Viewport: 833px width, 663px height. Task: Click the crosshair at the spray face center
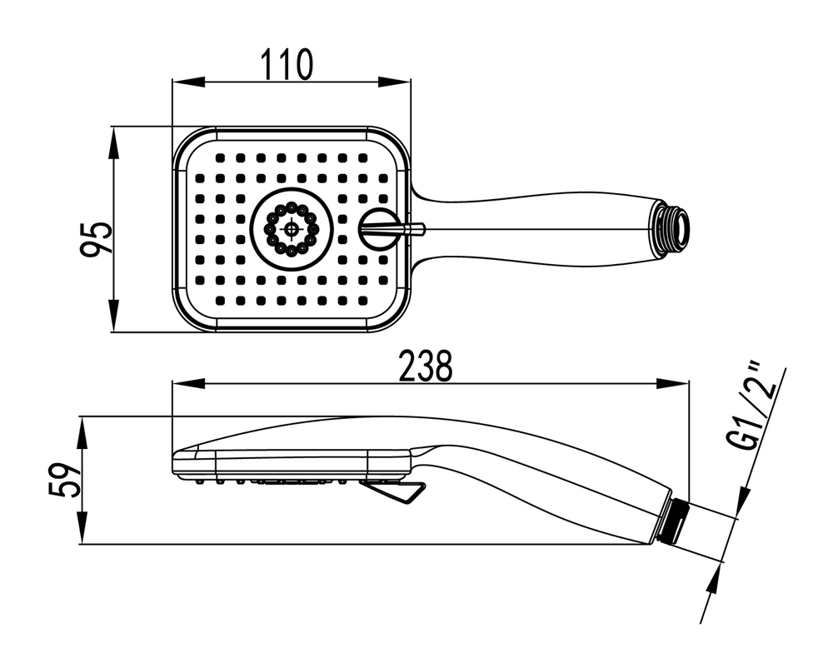point(292,228)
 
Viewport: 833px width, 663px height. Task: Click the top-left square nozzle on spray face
point(219,157)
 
